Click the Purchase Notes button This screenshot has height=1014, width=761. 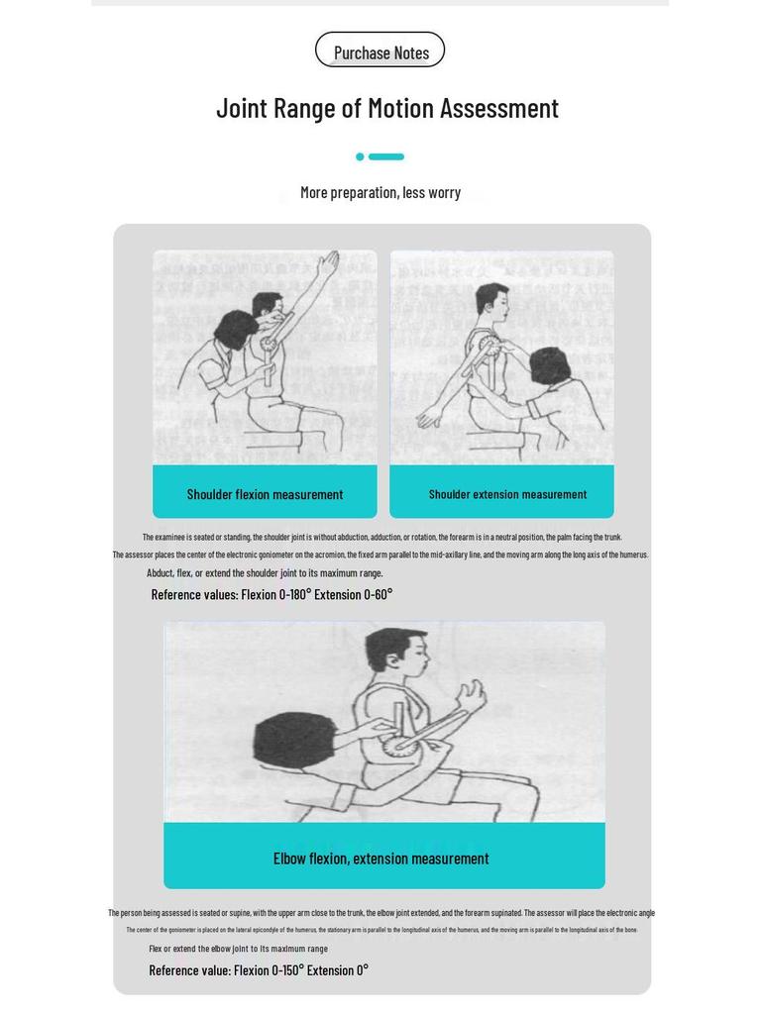(380, 51)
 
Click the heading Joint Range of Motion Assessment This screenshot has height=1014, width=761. (387, 108)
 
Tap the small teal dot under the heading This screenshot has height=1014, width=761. (361, 156)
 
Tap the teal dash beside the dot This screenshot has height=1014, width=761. (386, 156)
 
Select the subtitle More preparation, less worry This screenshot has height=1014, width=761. (380, 192)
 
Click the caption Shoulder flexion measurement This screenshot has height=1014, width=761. (265, 494)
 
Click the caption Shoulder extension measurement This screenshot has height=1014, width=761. (507, 494)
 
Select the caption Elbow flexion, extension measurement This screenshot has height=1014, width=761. (380, 859)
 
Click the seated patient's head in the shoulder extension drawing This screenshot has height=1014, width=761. (492, 301)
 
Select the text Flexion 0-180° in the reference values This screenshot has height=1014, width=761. (275, 594)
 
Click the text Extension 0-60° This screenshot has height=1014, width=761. (354, 594)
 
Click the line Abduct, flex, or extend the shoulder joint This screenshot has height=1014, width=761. (265, 572)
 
